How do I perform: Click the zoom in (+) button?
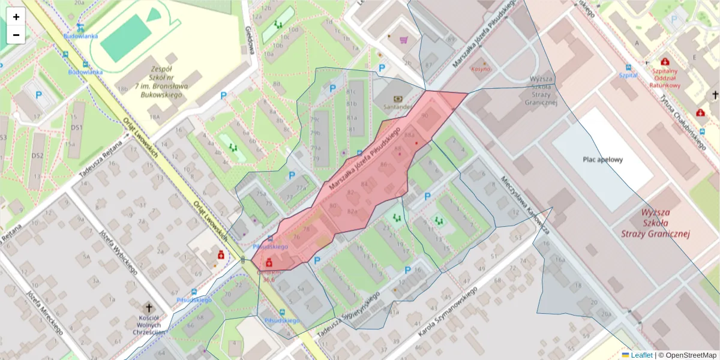click(x=16, y=17)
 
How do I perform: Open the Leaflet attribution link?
click(x=641, y=355)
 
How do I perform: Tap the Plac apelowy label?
click(x=602, y=160)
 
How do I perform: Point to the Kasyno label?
click(x=481, y=69)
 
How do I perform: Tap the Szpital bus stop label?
click(x=628, y=76)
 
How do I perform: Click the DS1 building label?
click(x=76, y=128)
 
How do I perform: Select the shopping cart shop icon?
click(x=404, y=40)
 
